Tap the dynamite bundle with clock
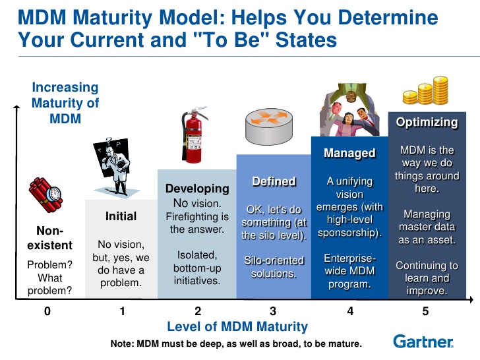(45, 195)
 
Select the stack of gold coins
(426, 90)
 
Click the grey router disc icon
(269, 127)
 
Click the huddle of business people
(349, 109)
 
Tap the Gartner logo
(423, 342)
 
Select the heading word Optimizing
(427, 122)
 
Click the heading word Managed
(349, 153)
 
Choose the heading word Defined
(274, 181)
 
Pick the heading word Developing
(197, 189)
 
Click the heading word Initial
(121, 216)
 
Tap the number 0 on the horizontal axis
(47, 311)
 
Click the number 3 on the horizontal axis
(273, 311)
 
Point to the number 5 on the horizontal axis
(425, 311)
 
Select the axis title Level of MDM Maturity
(237, 326)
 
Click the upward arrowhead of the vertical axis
(16, 107)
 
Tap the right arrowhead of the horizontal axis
(471, 300)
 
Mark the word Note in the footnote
(121, 344)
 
